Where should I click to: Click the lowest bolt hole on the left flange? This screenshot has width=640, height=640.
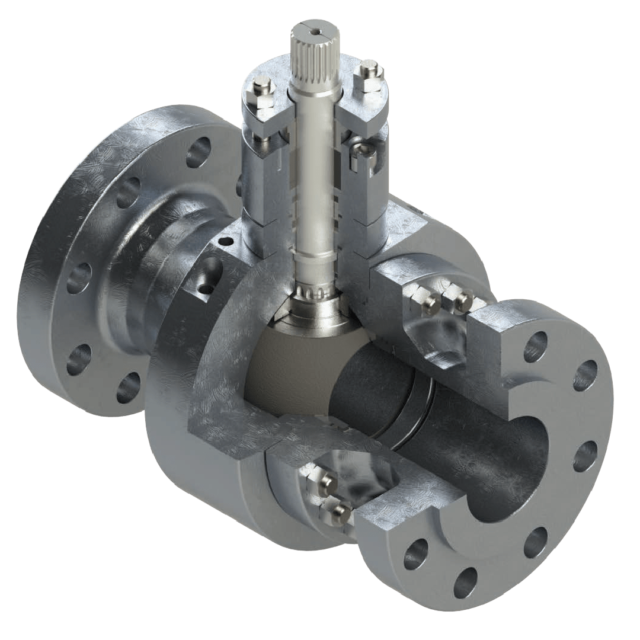[127, 388]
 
